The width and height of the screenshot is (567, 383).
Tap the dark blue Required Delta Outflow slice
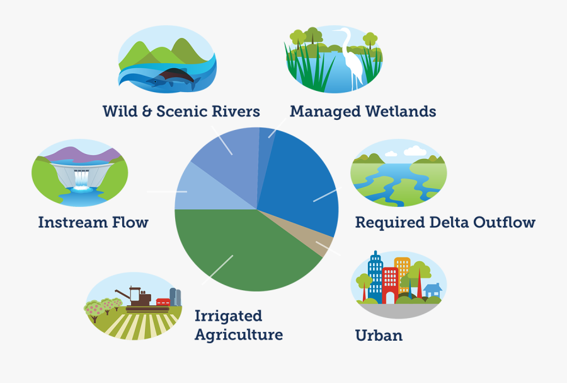point(300,181)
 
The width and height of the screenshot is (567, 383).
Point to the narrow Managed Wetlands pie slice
point(265,152)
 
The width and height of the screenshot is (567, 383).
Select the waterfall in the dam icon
point(81,179)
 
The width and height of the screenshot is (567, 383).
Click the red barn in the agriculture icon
point(163,302)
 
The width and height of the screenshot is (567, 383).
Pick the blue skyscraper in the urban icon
point(375,277)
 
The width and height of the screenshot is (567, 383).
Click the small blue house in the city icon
point(432,290)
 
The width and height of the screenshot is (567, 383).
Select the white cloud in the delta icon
point(415,151)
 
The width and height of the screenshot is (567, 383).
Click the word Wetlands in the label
point(401,111)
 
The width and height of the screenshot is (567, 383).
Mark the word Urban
point(379,335)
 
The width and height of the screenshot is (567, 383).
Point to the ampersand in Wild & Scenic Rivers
point(146,111)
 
